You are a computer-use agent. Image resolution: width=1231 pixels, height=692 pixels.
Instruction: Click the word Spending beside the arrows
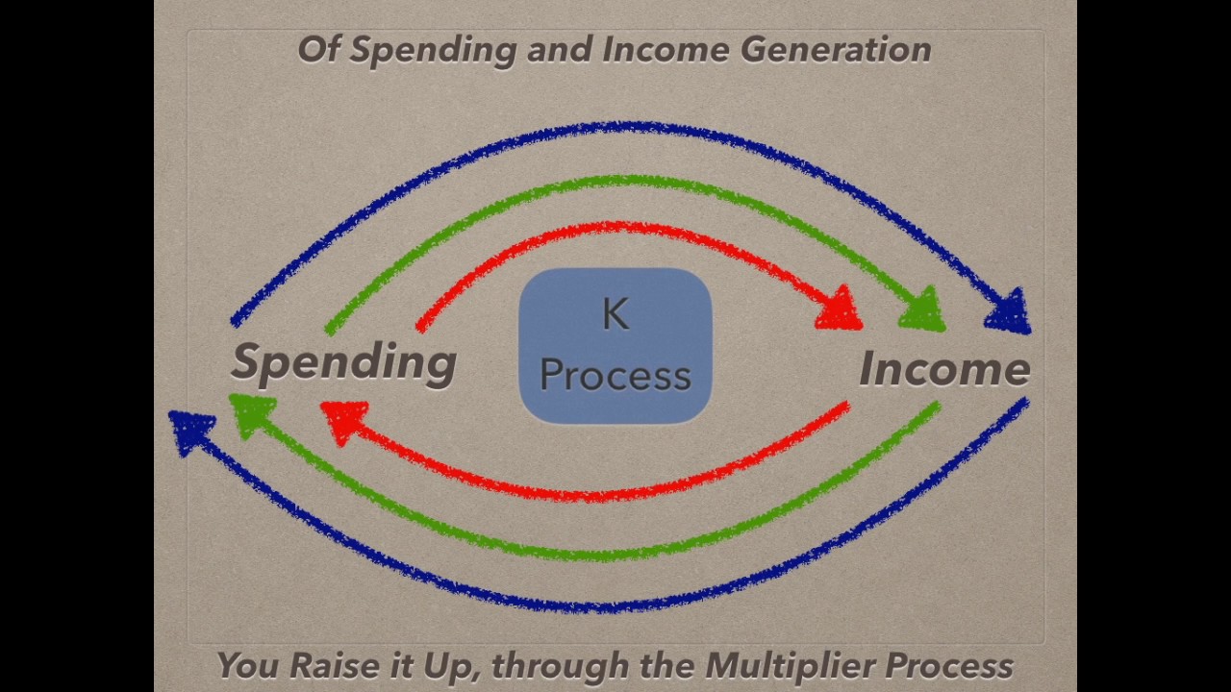coord(343,363)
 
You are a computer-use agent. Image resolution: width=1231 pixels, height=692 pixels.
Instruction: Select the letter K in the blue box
coord(615,315)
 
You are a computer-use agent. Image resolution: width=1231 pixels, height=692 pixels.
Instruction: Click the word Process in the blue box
coord(615,376)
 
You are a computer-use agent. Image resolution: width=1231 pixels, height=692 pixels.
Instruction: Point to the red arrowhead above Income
coord(841,309)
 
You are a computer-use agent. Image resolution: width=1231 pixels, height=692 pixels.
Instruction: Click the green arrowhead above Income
coord(923,309)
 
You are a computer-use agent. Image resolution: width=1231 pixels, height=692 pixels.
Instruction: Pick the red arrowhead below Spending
coord(343,419)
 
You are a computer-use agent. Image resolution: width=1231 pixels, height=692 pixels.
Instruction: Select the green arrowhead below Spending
coord(253,415)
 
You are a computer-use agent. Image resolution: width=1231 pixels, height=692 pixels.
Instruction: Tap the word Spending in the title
coord(432,50)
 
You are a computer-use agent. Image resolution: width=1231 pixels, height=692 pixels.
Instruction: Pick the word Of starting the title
coord(319,49)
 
